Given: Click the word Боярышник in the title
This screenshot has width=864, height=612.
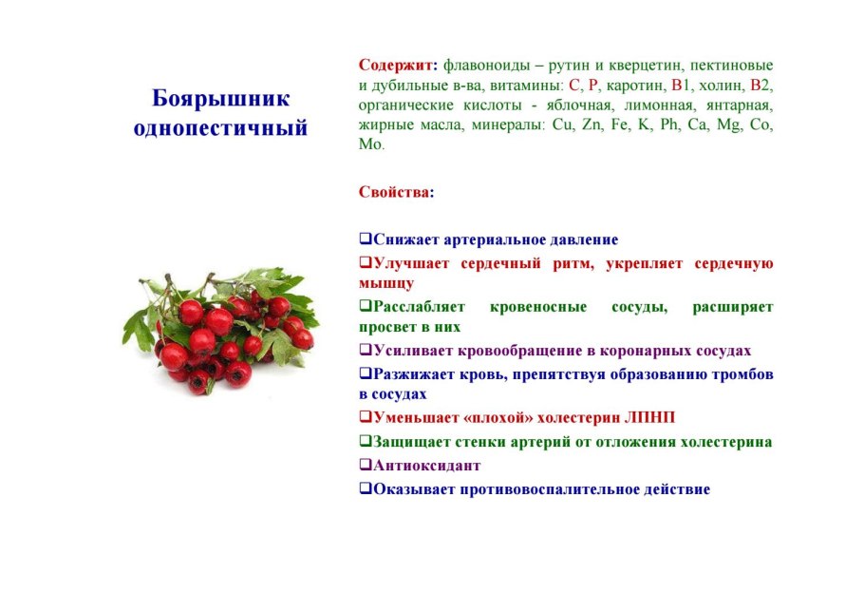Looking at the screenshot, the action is tap(220, 99).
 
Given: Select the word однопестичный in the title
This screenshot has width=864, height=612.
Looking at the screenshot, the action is tap(220, 128).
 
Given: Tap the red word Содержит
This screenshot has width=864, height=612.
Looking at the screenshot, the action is tap(396, 65).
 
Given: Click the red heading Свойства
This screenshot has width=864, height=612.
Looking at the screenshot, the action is tap(394, 192).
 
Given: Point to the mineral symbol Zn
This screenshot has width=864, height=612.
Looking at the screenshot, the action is tap(592, 124).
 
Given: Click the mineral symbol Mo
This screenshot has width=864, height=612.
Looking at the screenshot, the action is tap(369, 144).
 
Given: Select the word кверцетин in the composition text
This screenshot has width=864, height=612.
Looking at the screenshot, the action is tap(644, 65).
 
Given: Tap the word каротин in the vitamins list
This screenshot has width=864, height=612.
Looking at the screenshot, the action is tap(635, 86).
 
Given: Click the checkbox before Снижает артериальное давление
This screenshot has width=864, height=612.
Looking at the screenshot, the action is tap(366, 239).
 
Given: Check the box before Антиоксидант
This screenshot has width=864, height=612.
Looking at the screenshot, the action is tap(366, 465).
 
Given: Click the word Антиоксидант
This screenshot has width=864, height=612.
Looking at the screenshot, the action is tap(427, 466).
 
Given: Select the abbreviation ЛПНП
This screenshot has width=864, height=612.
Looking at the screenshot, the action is tap(649, 418).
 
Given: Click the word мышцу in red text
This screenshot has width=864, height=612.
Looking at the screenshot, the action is tap(386, 284).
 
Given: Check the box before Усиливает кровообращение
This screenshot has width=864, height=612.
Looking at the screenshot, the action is tap(366, 350).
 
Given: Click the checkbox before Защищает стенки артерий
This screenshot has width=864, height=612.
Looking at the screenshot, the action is tap(366, 441).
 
